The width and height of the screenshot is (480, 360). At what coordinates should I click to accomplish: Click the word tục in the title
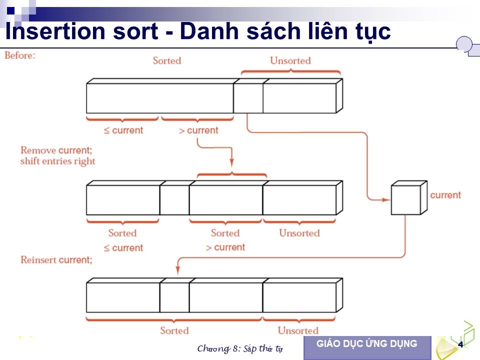(x=373, y=32)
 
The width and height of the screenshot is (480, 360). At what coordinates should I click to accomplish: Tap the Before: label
(x=20, y=55)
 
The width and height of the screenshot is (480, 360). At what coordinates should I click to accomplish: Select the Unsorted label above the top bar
(x=290, y=60)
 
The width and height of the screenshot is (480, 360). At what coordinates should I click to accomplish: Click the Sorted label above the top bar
(x=167, y=60)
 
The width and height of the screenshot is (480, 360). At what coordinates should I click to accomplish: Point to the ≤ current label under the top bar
(x=123, y=130)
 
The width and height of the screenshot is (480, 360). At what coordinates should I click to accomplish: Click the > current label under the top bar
(x=198, y=130)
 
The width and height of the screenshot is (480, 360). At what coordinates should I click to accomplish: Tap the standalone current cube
(x=409, y=198)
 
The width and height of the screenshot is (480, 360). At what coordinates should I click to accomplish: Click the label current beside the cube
(x=445, y=195)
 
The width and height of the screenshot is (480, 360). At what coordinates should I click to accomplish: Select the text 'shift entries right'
(x=58, y=161)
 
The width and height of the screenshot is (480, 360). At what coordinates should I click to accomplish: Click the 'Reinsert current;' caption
(x=56, y=260)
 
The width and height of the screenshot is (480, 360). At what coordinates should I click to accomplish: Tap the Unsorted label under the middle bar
(x=299, y=233)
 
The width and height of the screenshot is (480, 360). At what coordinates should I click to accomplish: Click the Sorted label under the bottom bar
(x=174, y=330)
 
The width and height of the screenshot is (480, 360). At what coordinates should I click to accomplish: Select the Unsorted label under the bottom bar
(x=298, y=330)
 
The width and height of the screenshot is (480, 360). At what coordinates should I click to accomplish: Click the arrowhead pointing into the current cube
(x=386, y=200)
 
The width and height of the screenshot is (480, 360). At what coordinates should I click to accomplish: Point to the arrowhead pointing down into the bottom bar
(x=177, y=269)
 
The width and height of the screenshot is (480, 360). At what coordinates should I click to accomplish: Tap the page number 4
(x=460, y=344)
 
